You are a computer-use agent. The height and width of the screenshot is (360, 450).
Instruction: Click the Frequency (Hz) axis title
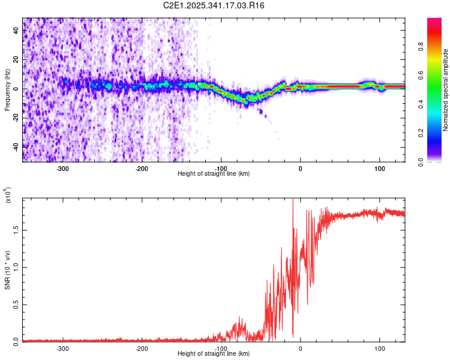pos(7,90)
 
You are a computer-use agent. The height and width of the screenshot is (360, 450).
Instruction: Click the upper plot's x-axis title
pos(214,174)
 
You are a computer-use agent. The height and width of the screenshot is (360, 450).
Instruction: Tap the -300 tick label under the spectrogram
pos(63,169)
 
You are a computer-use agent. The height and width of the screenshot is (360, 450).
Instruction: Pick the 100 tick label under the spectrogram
pos(379,169)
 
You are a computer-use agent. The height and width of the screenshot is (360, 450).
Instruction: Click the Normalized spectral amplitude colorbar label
pos(445,90)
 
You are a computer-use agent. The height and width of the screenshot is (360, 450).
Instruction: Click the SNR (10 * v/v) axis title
pos(7,270)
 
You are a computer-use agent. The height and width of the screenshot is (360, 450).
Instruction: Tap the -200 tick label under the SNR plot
pos(142,348)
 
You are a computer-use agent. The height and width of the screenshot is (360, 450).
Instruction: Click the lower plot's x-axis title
pos(214,354)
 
